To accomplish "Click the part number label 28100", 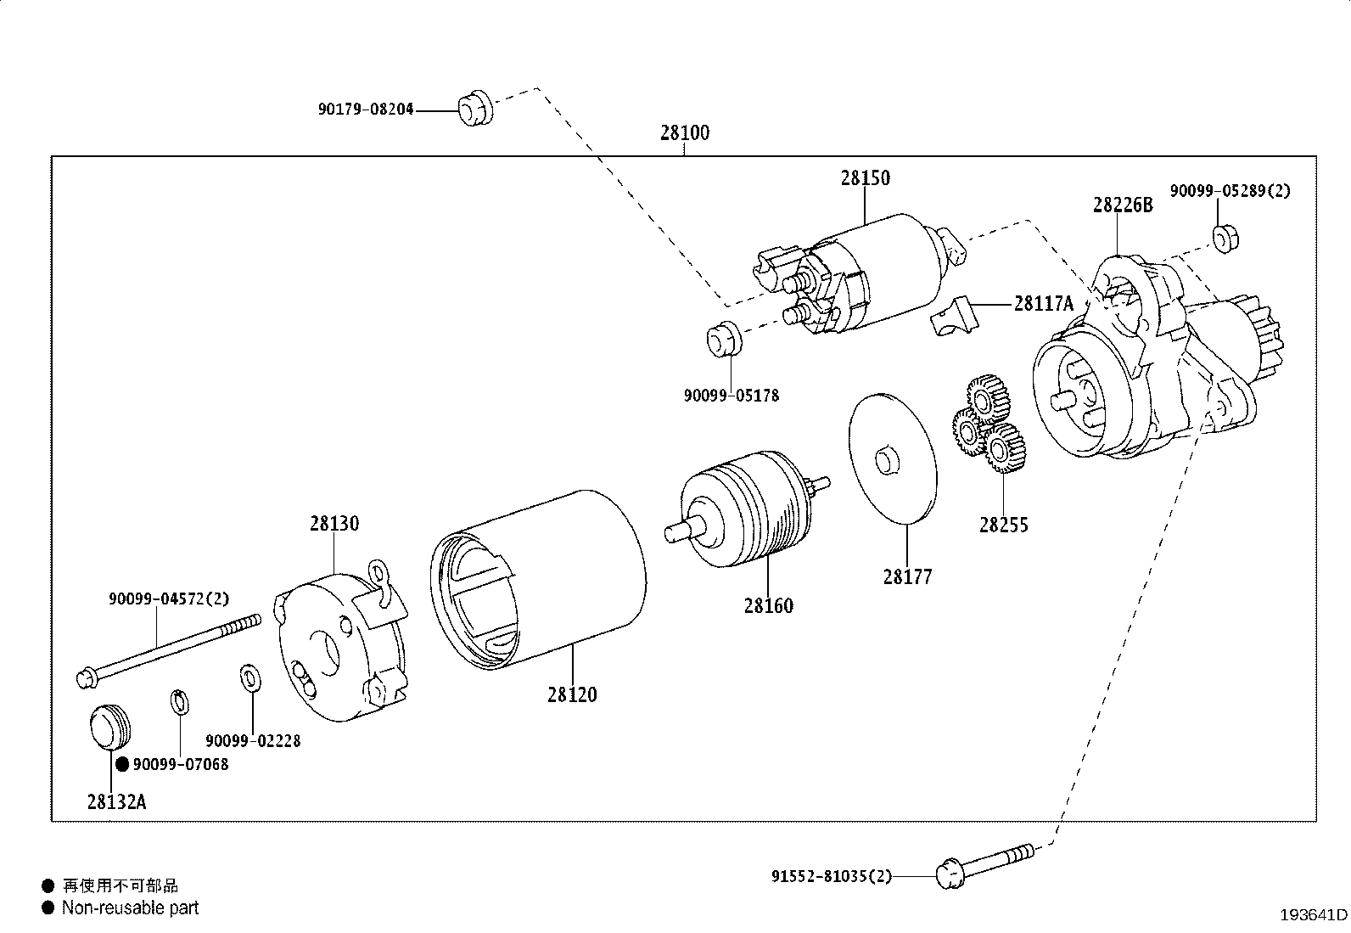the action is click(x=685, y=132).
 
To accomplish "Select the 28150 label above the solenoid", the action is click(x=866, y=178).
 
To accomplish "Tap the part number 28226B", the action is click(x=1123, y=205).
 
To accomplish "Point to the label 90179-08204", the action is click(x=366, y=110).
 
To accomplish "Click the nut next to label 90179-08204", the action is click(x=476, y=109).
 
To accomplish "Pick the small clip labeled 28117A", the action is click(x=954, y=316).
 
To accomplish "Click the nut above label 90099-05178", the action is click(x=724, y=339).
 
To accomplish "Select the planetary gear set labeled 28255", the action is click(x=989, y=423).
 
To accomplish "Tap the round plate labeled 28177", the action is click(x=893, y=458).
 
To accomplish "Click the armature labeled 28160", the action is click(x=747, y=509).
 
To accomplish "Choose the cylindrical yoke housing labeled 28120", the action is click(x=538, y=580).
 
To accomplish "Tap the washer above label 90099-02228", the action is click(x=250, y=677).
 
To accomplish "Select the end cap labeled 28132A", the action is click(x=109, y=727).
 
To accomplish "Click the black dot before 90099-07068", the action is click(x=122, y=765).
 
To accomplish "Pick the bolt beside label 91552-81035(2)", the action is click(x=985, y=866).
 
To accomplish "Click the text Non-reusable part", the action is click(x=131, y=908).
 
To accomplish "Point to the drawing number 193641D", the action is click(x=1314, y=915).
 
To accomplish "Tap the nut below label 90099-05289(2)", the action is click(x=1225, y=239).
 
